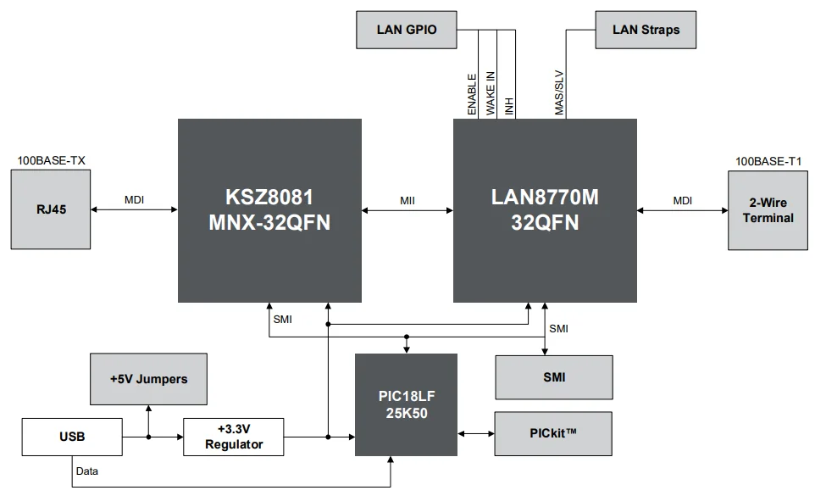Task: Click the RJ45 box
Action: tap(51, 209)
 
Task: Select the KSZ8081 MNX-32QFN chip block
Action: tap(269, 210)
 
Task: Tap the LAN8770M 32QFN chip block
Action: tap(545, 210)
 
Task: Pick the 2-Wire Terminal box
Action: tap(768, 210)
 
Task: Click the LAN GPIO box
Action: tap(407, 30)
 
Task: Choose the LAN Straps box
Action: tap(646, 30)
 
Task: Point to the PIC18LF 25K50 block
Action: tap(406, 404)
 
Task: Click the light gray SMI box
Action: tap(554, 377)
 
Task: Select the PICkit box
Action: tap(554, 433)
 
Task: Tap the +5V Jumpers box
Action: tap(148, 378)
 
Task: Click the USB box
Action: tap(71, 437)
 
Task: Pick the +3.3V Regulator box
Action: tap(233, 437)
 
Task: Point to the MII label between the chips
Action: tap(407, 200)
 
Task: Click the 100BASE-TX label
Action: tap(52, 159)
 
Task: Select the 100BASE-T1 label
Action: tap(768, 161)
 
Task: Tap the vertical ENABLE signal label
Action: tap(472, 94)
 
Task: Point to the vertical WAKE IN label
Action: tap(491, 93)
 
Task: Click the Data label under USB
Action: tap(86, 470)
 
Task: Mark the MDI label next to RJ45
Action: tap(135, 200)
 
